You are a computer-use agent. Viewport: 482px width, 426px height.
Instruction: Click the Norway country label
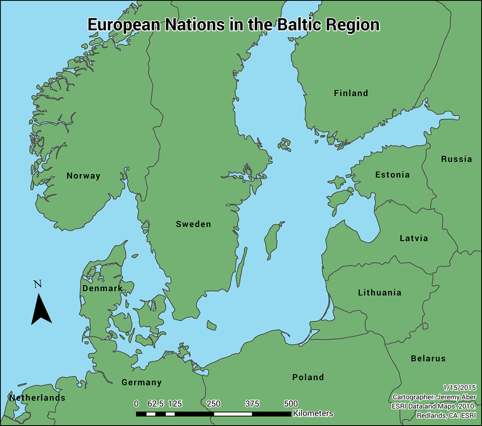83,176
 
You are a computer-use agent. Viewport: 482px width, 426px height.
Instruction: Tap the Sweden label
193,224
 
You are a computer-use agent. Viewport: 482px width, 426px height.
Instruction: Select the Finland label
351,93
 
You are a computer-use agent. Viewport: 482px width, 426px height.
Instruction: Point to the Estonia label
392,175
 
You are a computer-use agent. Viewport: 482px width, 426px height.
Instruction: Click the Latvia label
414,238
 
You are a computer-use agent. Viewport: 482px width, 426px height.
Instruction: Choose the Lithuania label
380,293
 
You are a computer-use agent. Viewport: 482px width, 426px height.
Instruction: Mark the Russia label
456,159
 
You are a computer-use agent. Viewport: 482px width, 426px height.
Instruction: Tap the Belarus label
428,358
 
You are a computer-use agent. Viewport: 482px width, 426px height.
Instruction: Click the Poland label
308,377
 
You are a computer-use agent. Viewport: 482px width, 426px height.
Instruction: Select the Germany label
141,382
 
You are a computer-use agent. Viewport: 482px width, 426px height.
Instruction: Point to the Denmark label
102,289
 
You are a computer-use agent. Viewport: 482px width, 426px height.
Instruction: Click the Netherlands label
37,398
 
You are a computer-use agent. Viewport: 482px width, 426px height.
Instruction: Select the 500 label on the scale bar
290,403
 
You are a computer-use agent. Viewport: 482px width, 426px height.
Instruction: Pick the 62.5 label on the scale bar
156,403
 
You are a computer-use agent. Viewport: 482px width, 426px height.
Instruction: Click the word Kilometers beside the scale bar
313,413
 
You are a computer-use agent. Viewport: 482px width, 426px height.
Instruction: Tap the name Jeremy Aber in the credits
455,396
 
